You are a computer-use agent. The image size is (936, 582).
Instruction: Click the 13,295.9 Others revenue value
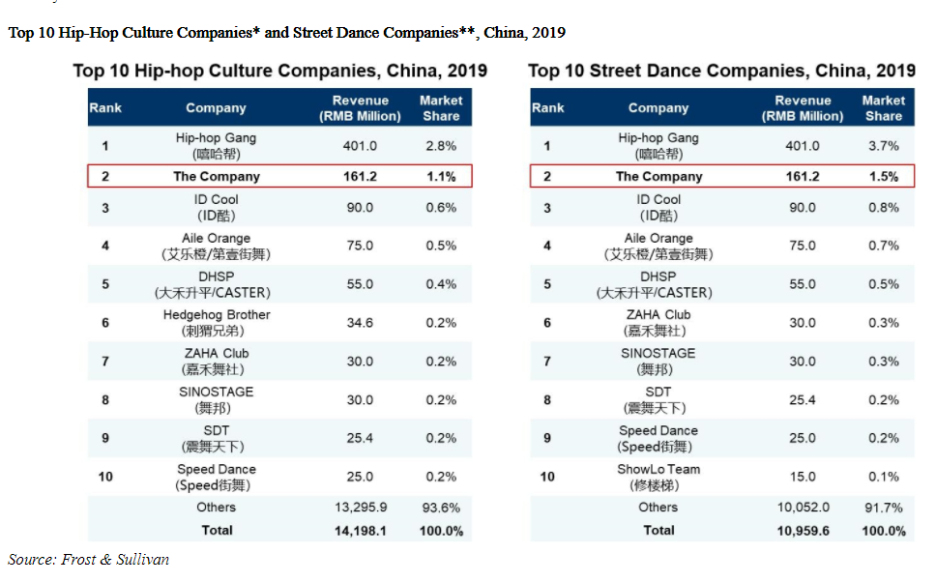pos(360,508)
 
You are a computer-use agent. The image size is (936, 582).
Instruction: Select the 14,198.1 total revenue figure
pos(360,531)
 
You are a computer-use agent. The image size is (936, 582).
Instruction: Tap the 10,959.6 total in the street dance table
pos(802,531)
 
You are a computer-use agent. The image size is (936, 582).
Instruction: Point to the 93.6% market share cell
pos(441,508)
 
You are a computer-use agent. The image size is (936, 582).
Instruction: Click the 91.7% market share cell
pos(883,508)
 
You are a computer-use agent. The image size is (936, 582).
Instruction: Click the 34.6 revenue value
pos(360,323)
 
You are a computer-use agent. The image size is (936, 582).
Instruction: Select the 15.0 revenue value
pos(802,477)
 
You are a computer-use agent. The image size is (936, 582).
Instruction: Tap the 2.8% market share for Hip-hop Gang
pos(441,146)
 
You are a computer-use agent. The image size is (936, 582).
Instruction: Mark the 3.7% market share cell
pos(883,146)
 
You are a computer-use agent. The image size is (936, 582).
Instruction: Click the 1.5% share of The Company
pos(883,177)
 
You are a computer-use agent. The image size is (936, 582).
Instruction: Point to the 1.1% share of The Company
pos(441,177)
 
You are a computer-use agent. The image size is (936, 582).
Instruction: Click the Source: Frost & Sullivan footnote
pos(89,559)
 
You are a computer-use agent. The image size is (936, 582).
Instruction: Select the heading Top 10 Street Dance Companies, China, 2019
pos(721,72)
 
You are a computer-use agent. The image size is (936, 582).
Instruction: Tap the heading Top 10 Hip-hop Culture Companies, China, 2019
pos(280,72)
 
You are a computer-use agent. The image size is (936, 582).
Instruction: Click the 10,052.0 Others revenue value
pos(802,508)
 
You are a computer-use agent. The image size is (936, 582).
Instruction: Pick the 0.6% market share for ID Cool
pos(441,208)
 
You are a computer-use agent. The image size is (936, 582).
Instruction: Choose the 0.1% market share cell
pos(883,477)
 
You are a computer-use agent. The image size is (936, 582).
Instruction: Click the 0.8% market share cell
pos(883,208)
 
